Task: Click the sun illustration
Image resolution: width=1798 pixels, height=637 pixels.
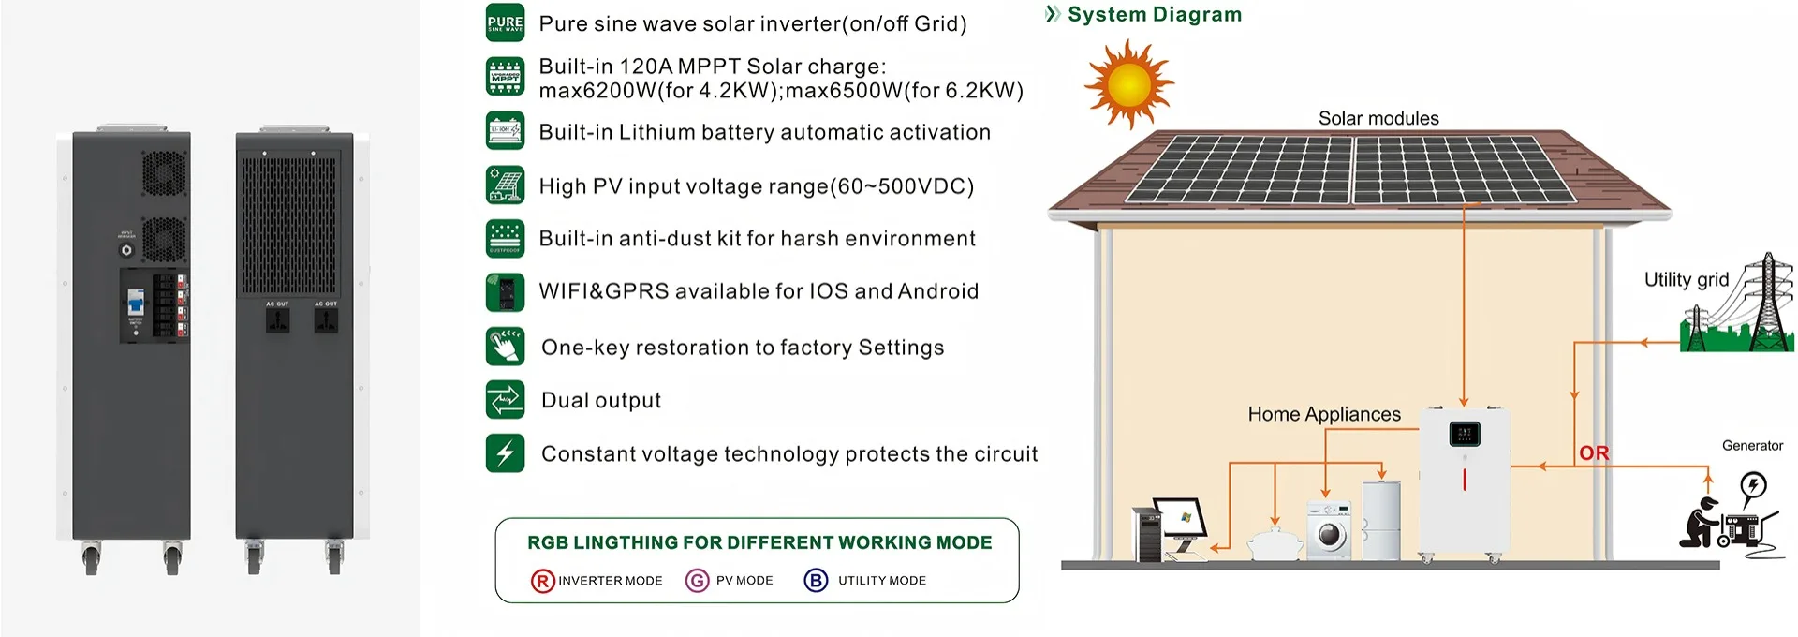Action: coord(1127,83)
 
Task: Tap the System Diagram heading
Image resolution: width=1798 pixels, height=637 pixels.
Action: coord(1154,15)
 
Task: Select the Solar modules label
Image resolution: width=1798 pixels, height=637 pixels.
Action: coord(1378,119)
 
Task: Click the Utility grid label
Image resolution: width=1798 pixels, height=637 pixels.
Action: coord(1686,279)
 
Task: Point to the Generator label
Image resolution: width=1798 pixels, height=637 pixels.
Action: coord(1752,446)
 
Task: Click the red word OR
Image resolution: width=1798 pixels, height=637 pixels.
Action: coord(1593,453)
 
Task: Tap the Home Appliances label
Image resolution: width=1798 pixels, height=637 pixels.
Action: coord(1323,414)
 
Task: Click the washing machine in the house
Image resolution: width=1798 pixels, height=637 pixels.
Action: coord(1329,530)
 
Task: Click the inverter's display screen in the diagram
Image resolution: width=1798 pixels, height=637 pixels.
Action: coord(1464,434)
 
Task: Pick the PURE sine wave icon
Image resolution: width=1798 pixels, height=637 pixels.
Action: coord(505,23)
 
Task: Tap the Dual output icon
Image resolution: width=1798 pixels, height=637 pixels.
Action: coord(505,400)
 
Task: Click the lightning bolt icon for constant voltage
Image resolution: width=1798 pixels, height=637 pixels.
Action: coord(505,453)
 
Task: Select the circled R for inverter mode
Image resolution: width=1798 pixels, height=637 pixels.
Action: coord(542,581)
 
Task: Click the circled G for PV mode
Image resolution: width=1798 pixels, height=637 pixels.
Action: coord(697,581)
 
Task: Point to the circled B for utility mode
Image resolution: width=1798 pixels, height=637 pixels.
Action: coord(816,581)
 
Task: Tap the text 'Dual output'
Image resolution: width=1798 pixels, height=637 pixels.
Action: coord(600,401)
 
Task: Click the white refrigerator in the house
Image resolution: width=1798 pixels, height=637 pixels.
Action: coord(1381,521)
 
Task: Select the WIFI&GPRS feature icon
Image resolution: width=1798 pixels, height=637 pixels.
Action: coord(505,291)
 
